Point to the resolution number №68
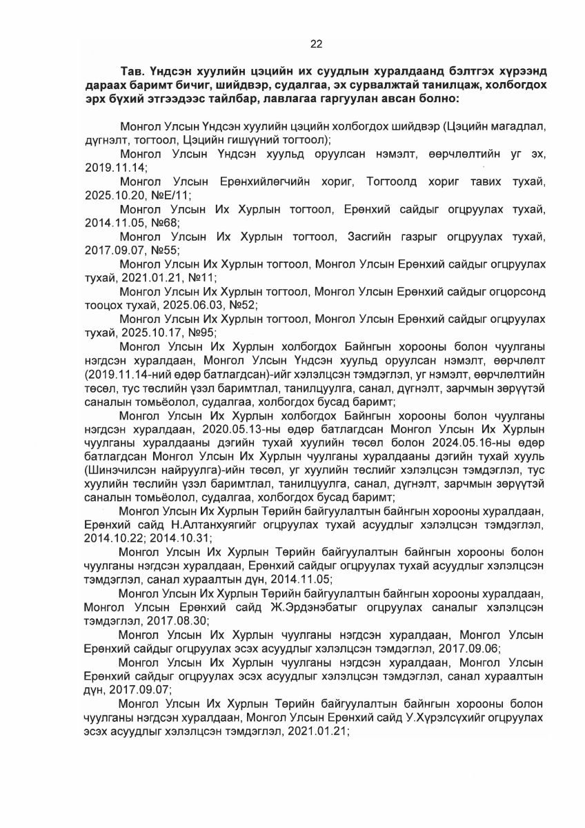[166, 224]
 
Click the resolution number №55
[166, 252]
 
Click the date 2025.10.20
[108, 197]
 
